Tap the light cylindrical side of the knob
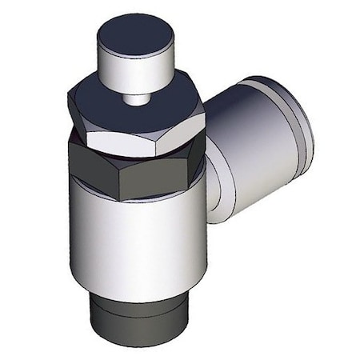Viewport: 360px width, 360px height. click(132, 68)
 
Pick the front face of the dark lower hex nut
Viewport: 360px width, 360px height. click(152, 172)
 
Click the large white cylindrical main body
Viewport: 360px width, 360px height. click(136, 240)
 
